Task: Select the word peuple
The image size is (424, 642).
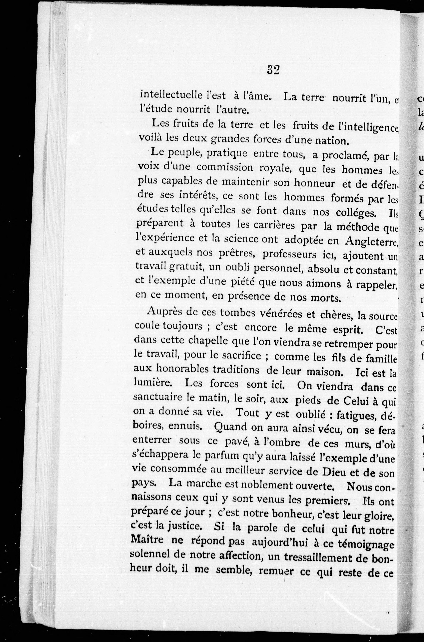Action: point(185,153)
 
